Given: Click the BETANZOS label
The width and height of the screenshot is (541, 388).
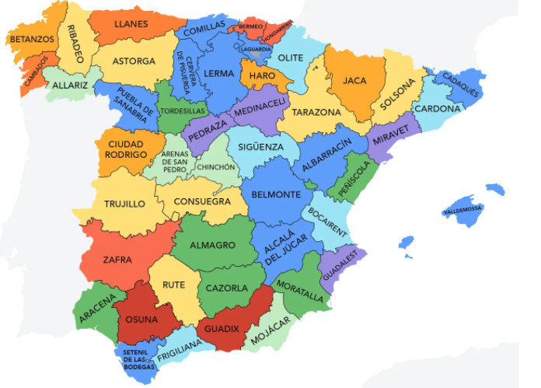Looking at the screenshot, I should [x=32, y=38].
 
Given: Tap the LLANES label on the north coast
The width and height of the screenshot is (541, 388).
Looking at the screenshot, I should [x=131, y=24].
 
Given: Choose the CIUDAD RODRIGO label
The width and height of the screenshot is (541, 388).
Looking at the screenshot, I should [x=127, y=149].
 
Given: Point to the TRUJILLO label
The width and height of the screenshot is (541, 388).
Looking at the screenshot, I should [x=124, y=204].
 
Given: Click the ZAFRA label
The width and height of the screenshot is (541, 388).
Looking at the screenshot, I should [x=117, y=259].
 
